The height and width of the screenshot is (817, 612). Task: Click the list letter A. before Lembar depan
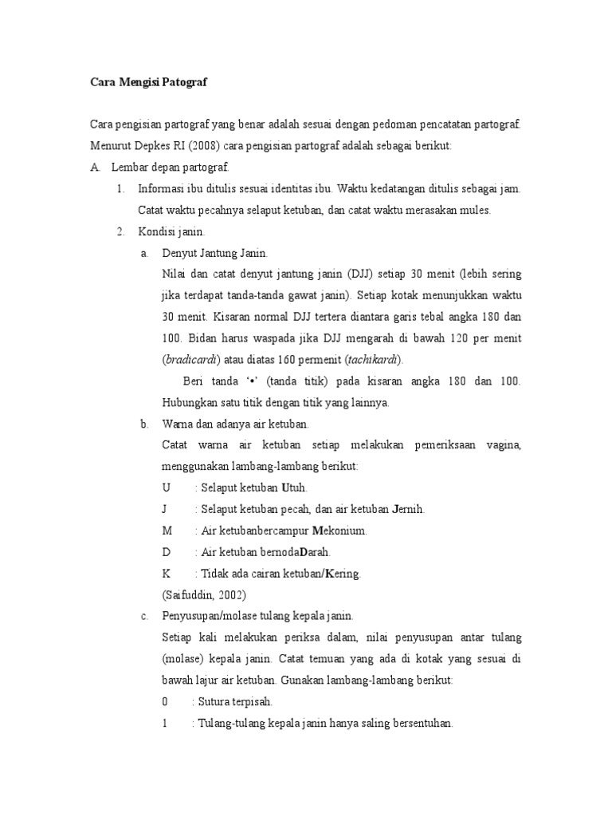(96, 168)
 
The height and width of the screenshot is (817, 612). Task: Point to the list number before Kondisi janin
(121, 232)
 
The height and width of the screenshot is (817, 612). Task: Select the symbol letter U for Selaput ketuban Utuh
(166, 487)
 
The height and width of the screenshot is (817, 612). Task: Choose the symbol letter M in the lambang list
(167, 530)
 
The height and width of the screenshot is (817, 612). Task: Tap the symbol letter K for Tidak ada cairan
(166, 573)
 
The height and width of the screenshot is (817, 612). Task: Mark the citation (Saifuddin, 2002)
(204, 594)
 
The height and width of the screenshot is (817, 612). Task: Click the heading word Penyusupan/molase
(209, 616)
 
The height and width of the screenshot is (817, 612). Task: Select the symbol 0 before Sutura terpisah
(165, 702)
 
